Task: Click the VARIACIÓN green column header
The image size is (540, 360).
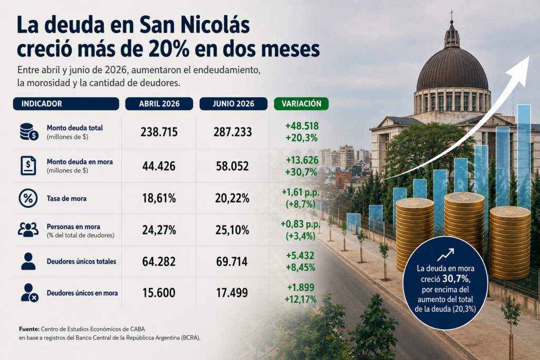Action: [x=301, y=104]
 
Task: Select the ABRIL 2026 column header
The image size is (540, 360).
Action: [x=159, y=104]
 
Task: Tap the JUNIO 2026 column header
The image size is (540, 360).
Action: [x=233, y=104]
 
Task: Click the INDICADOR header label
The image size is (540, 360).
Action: [x=42, y=104]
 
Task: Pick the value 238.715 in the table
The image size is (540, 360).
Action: [x=159, y=132]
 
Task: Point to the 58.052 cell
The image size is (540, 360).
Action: [x=233, y=166]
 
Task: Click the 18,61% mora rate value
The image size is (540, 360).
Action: [x=159, y=198]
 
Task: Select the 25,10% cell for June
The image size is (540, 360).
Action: [x=232, y=230]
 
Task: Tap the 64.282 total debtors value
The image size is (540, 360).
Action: [x=159, y=261]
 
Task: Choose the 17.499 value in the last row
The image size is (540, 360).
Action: [x=232, y=293]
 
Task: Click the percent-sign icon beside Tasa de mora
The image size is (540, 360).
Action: [x=28, y=198]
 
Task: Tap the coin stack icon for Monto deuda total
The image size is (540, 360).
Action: [x=28, y=132]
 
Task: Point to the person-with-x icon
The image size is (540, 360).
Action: [x=29, y=293]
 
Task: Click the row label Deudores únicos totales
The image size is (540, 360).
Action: [x=81, y=261]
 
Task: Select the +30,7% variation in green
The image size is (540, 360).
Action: [x=301, y=172]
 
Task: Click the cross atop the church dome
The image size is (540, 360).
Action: [x=451, y=14]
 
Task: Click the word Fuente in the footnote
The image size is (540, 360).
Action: [x=30, y=329]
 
